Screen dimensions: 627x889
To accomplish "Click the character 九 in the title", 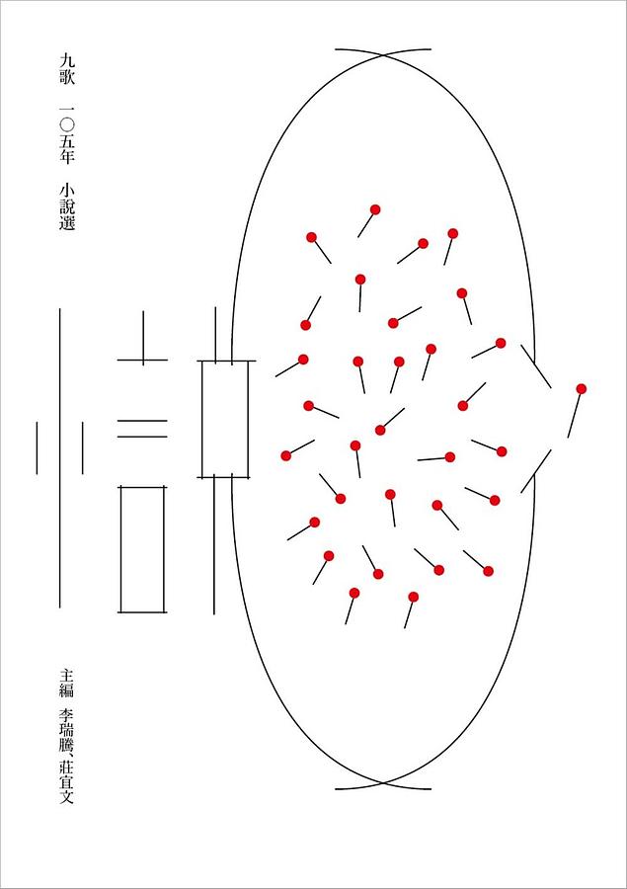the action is tap(67, 60).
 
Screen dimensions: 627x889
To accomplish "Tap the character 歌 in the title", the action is tap(67, 77).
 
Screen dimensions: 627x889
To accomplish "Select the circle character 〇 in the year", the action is tap(67, 124).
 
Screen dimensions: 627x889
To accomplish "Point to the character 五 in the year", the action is tap(67, 141).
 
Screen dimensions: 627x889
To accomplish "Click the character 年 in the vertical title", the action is tap(67, 156).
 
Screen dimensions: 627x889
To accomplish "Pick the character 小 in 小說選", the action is tap(67, 190).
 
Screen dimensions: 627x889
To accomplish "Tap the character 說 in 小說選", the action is tap(67, 206).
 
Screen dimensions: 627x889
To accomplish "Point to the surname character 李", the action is tap(67, 715).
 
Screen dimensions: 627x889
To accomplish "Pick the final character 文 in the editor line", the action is tap(67, 796).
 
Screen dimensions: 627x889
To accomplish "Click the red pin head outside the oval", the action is tap(581, 389).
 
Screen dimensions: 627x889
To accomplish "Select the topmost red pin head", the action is tap(375, 209).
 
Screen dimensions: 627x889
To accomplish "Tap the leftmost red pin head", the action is tap(286, 455).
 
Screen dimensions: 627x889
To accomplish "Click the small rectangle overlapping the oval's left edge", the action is tap(226, 420).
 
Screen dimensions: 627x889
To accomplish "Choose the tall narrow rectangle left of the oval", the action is tap(142, 549).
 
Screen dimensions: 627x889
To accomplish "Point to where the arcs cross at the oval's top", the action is tap(383, 55).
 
